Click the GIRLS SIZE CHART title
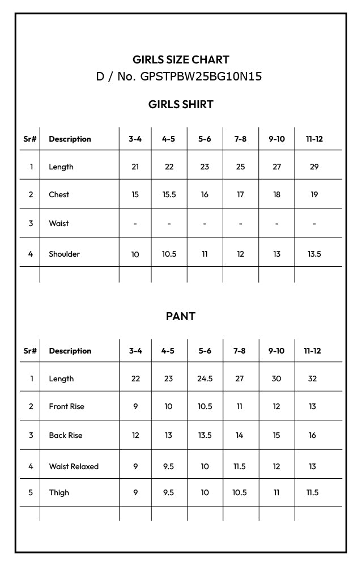pos(181,59)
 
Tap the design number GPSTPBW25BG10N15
pos(179,76)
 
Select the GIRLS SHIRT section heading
pos(181,104)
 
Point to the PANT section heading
pos(181,316)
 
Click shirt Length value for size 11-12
pos(314,167)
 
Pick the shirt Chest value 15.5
pos(169,194)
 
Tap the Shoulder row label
pos(64,254)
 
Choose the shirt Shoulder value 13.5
pos(314,254)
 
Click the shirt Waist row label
pos(58,223)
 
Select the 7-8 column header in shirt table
pos(240,139)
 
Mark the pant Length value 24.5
pos(205,378)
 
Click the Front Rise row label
pos(66,406)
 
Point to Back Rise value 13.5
pos(205,435)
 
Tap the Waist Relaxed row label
pos(74,466)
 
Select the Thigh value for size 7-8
pos(240,492)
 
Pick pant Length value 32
pos(312,378)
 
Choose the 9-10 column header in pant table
pos(276,351)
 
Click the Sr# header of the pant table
pos(30,351)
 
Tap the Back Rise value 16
pos(312,435)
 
